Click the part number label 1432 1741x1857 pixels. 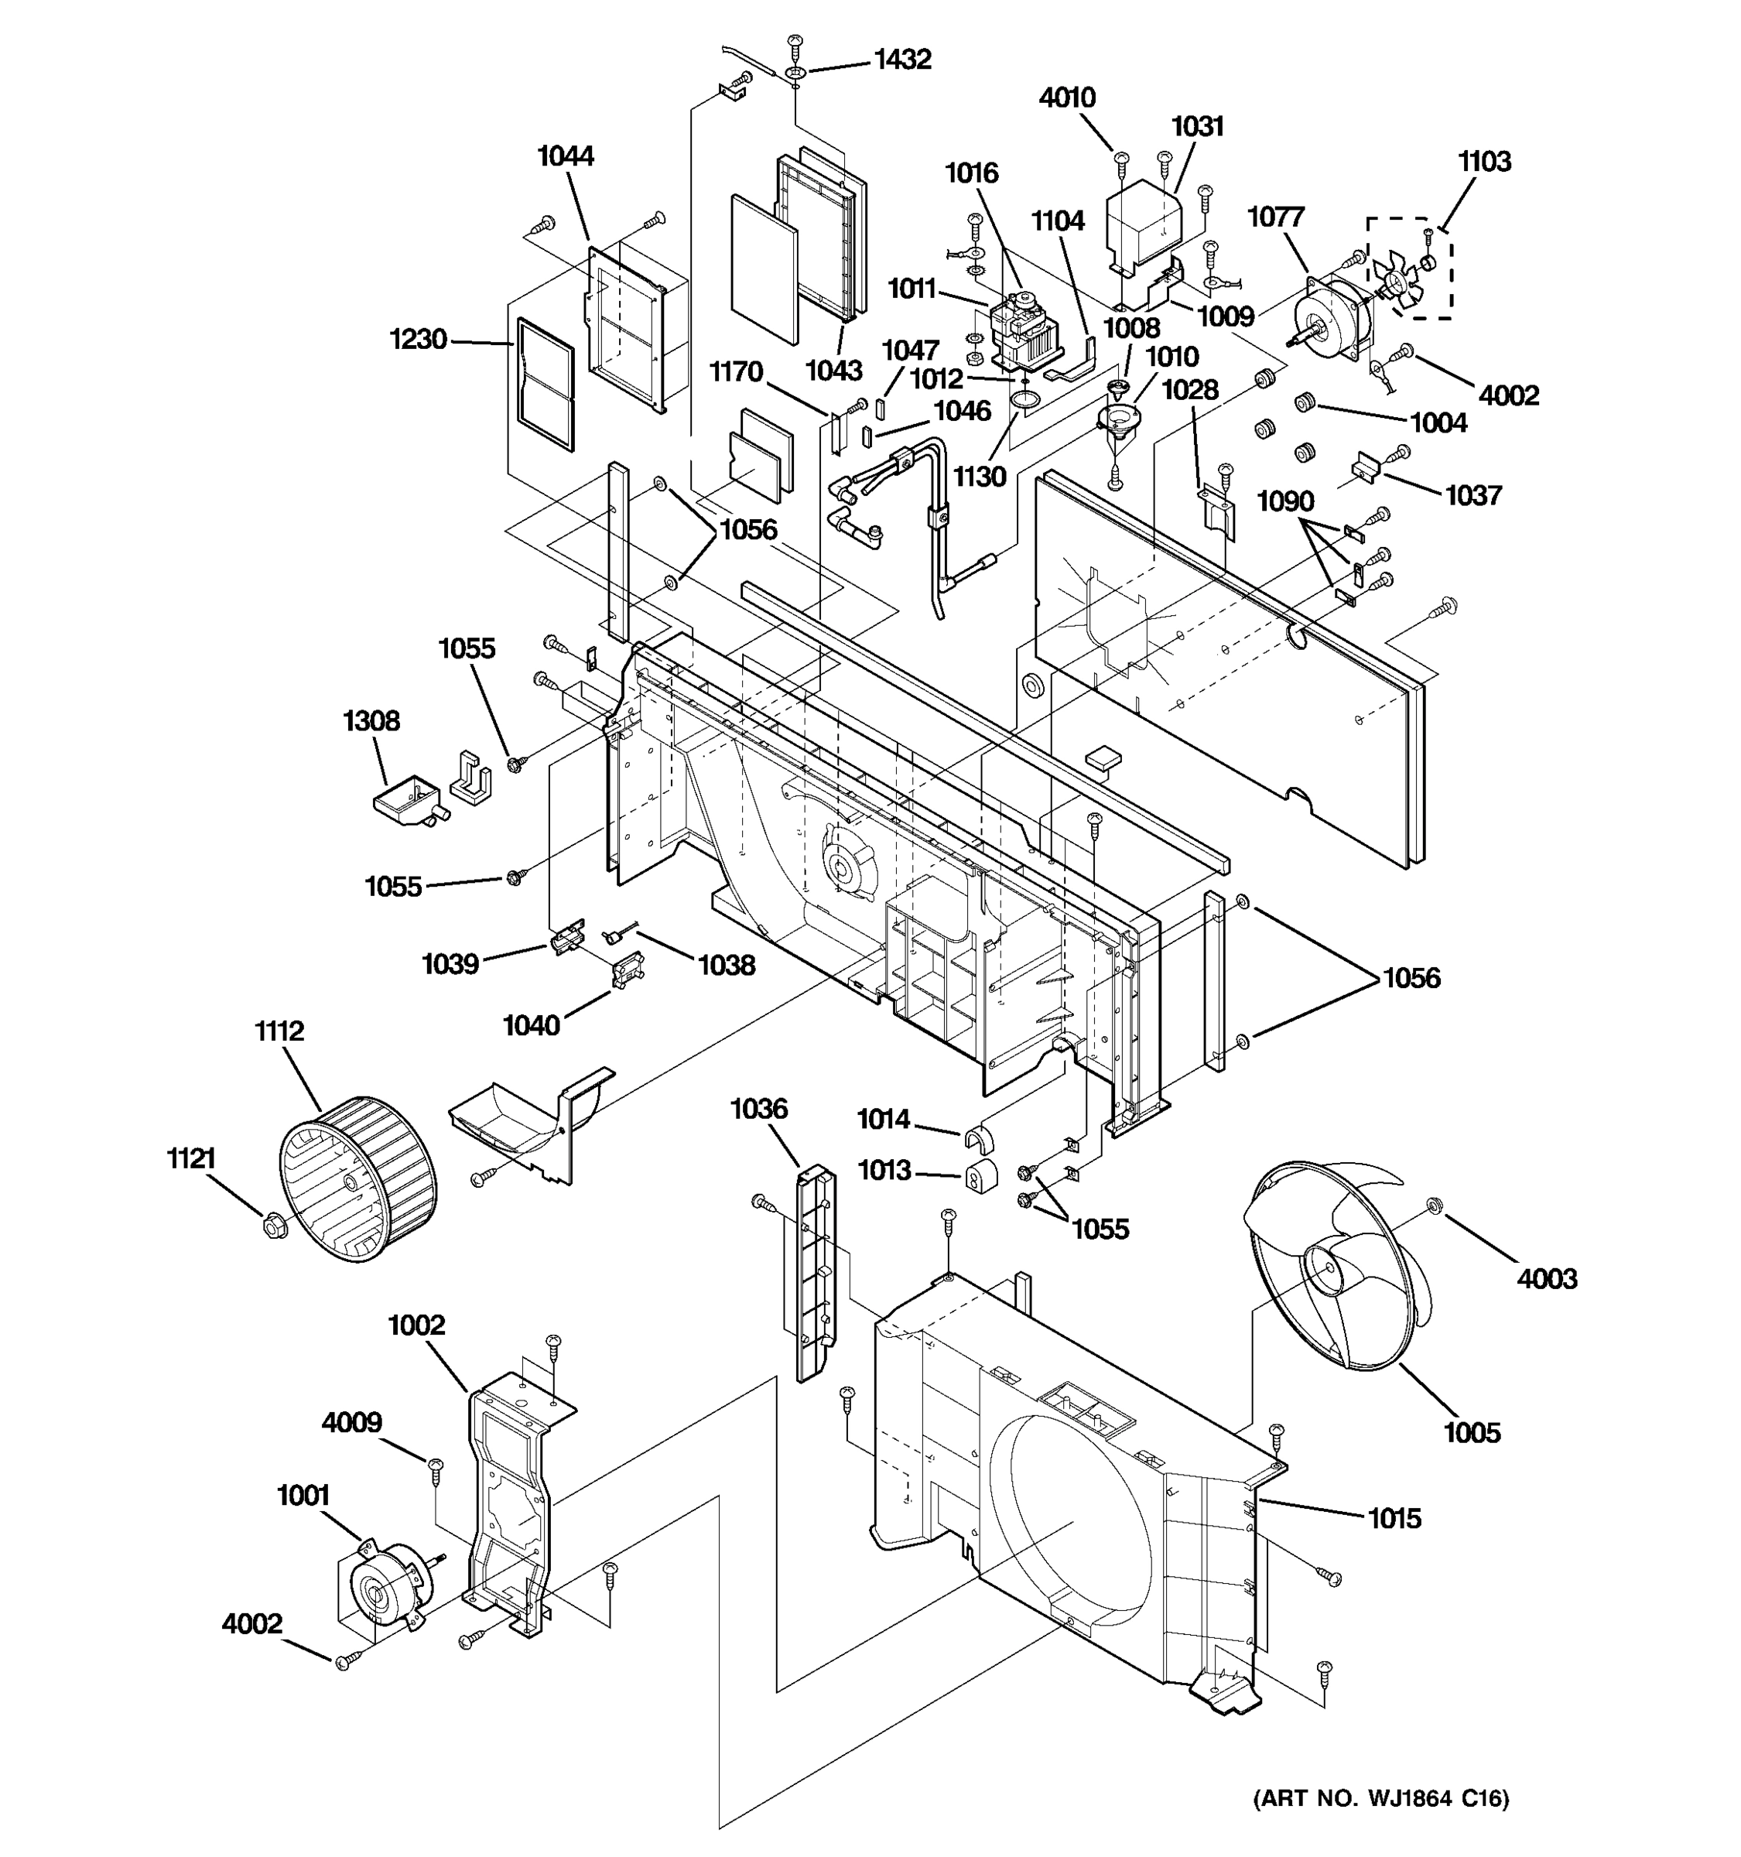[x=902, y=60]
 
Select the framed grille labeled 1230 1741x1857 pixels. [x=545, y=384]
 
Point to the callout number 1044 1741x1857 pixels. [x=565, y=156]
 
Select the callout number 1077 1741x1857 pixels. [x=1275, y=217]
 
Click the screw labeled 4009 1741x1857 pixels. [x=435, y=1464]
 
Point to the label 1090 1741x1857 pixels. [x=1285, y=501]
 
